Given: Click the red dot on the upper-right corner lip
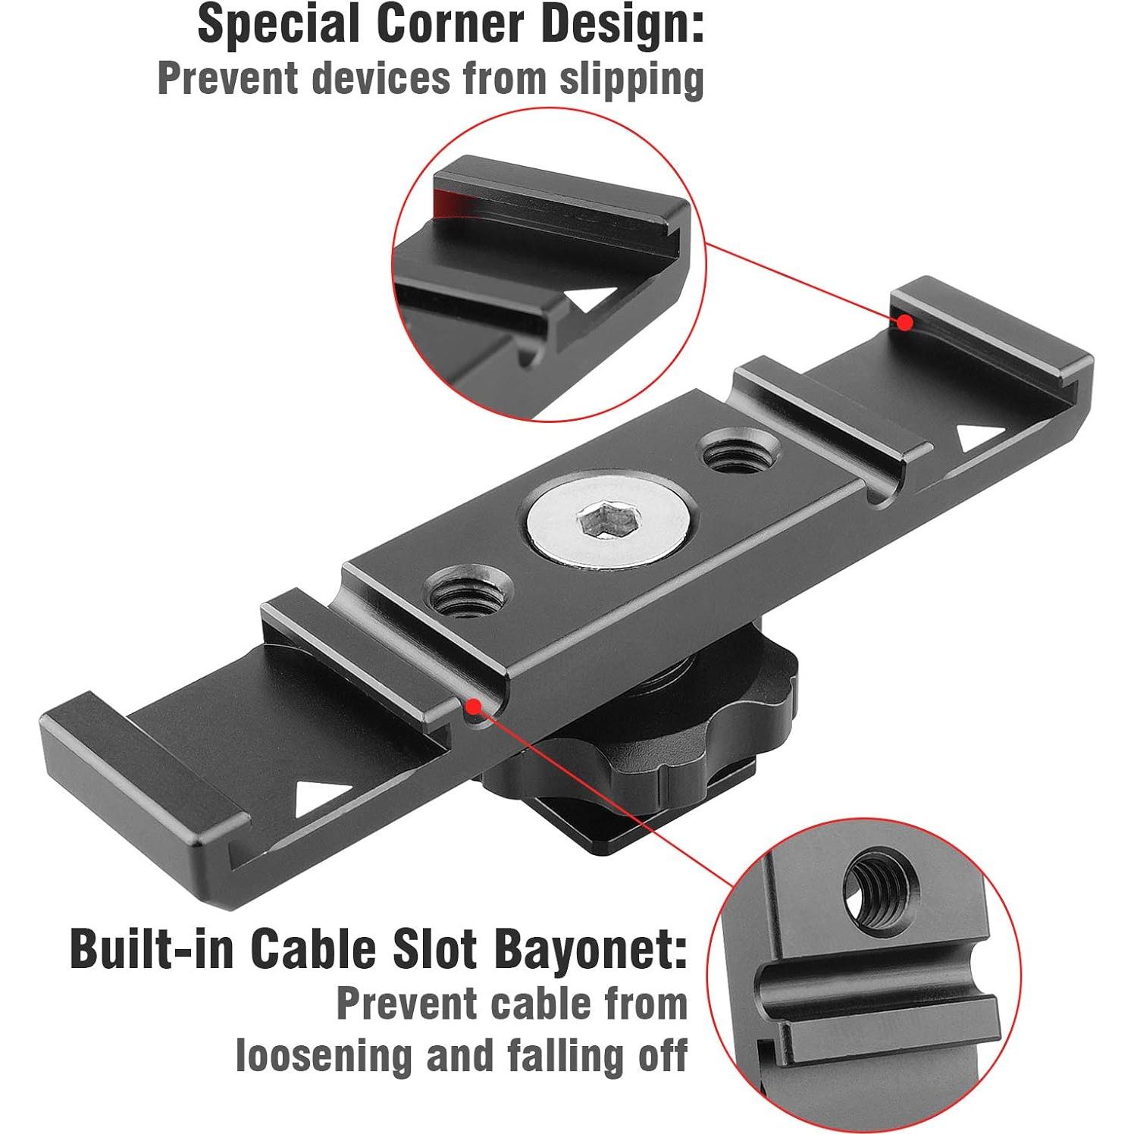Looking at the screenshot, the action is pos(904,322).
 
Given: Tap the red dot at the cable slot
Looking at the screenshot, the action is pos(474,706).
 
